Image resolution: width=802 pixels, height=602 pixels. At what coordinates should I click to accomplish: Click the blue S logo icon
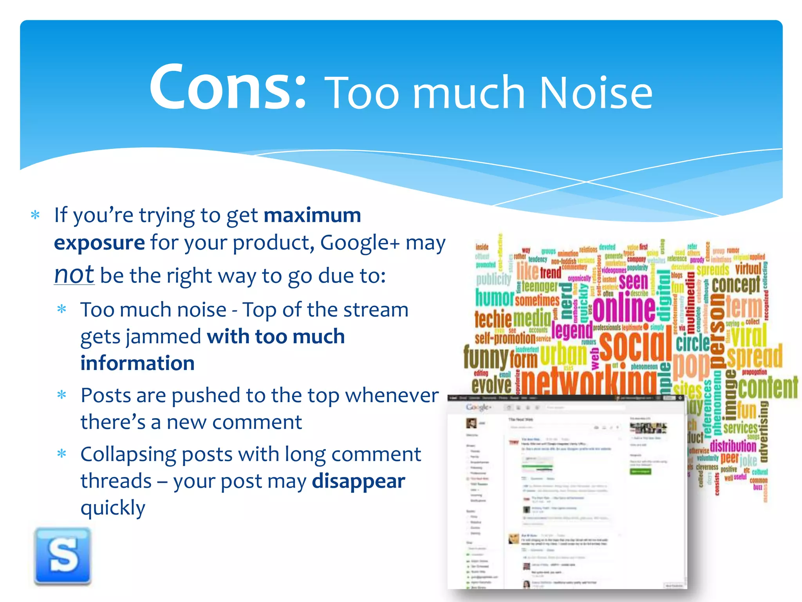63,556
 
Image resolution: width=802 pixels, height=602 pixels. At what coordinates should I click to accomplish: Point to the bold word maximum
312,215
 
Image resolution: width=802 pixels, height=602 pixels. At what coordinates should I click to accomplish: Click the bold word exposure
99,243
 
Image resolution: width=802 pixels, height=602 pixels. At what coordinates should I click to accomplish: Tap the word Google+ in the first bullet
360,243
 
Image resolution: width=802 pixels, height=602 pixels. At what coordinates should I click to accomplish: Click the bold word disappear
358,481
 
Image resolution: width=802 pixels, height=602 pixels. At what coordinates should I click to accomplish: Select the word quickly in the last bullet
113,508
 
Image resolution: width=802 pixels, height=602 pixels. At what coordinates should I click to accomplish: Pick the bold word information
137,363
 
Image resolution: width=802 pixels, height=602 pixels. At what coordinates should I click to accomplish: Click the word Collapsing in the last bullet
128,455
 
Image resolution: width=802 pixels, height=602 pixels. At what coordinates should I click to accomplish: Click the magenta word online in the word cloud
624,308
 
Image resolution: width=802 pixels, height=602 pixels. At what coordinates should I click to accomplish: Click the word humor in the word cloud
494,298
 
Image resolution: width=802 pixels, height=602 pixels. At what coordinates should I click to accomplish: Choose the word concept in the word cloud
735,284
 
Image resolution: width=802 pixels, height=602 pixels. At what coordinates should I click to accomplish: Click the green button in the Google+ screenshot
640,471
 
